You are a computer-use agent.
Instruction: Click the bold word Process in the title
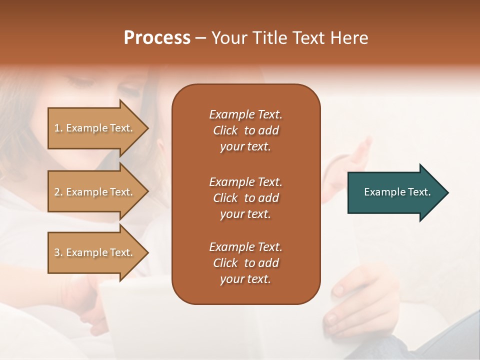point(157,38)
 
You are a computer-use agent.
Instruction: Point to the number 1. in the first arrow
point(58,128)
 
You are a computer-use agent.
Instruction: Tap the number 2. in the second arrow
point(58,192)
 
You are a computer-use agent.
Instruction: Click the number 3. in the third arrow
point(58,252)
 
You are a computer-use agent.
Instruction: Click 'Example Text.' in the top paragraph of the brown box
point(245,114)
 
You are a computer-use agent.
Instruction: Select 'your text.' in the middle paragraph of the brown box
point(245,214)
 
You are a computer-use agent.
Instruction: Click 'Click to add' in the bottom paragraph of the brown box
point(245,263)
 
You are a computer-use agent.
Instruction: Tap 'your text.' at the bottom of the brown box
point(245,279)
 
